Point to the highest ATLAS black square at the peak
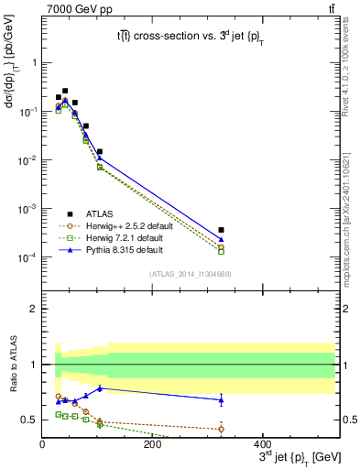pyautogui.click(x=65, y=91)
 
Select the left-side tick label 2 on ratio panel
pyautogui.click(x=35, y=309)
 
